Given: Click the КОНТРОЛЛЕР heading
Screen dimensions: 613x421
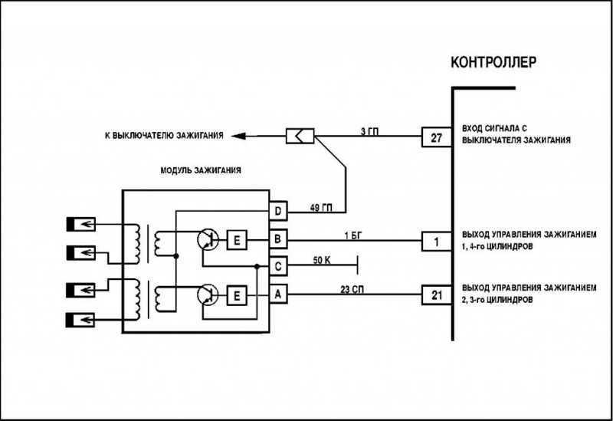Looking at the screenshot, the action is (x=493, y=62).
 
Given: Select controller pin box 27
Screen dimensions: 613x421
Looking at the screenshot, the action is (x=437, y=137).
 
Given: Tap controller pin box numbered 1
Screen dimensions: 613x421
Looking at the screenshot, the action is (x=437, y=242).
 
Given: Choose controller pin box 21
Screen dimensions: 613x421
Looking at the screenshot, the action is (x=437, y=295).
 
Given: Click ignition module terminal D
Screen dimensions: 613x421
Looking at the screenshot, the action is (x=278, y=212).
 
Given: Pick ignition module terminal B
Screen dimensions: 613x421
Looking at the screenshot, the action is (x=278, y=238).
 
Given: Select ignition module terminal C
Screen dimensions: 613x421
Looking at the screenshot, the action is (x=278, y=266).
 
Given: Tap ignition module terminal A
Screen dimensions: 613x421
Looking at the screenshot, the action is (x=278, y=294).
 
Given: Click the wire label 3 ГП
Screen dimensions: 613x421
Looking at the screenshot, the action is (x=369, y=131).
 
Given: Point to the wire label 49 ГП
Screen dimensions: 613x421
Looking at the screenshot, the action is (x=321, y=207).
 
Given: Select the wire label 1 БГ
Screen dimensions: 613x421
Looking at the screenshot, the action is (x=353, y=235).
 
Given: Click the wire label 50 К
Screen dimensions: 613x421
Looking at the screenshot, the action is (x=322, y=259).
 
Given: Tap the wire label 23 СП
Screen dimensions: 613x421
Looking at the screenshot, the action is (x=352, y=290).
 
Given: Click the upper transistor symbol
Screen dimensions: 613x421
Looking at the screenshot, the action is (x=208, y=240).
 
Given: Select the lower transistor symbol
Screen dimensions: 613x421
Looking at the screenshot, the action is (x=208, y=295).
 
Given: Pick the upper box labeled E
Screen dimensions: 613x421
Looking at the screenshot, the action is (x=237, y=240).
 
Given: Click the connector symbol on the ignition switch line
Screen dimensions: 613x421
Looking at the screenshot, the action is (x=300, y=136).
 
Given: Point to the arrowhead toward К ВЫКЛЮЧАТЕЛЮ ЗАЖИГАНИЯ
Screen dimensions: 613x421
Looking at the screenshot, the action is (x=238, y=136).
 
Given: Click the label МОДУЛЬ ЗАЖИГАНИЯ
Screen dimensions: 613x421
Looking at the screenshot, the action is (x=201, y=170).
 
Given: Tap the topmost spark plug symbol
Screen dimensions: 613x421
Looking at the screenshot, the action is (x=80, y=224).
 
